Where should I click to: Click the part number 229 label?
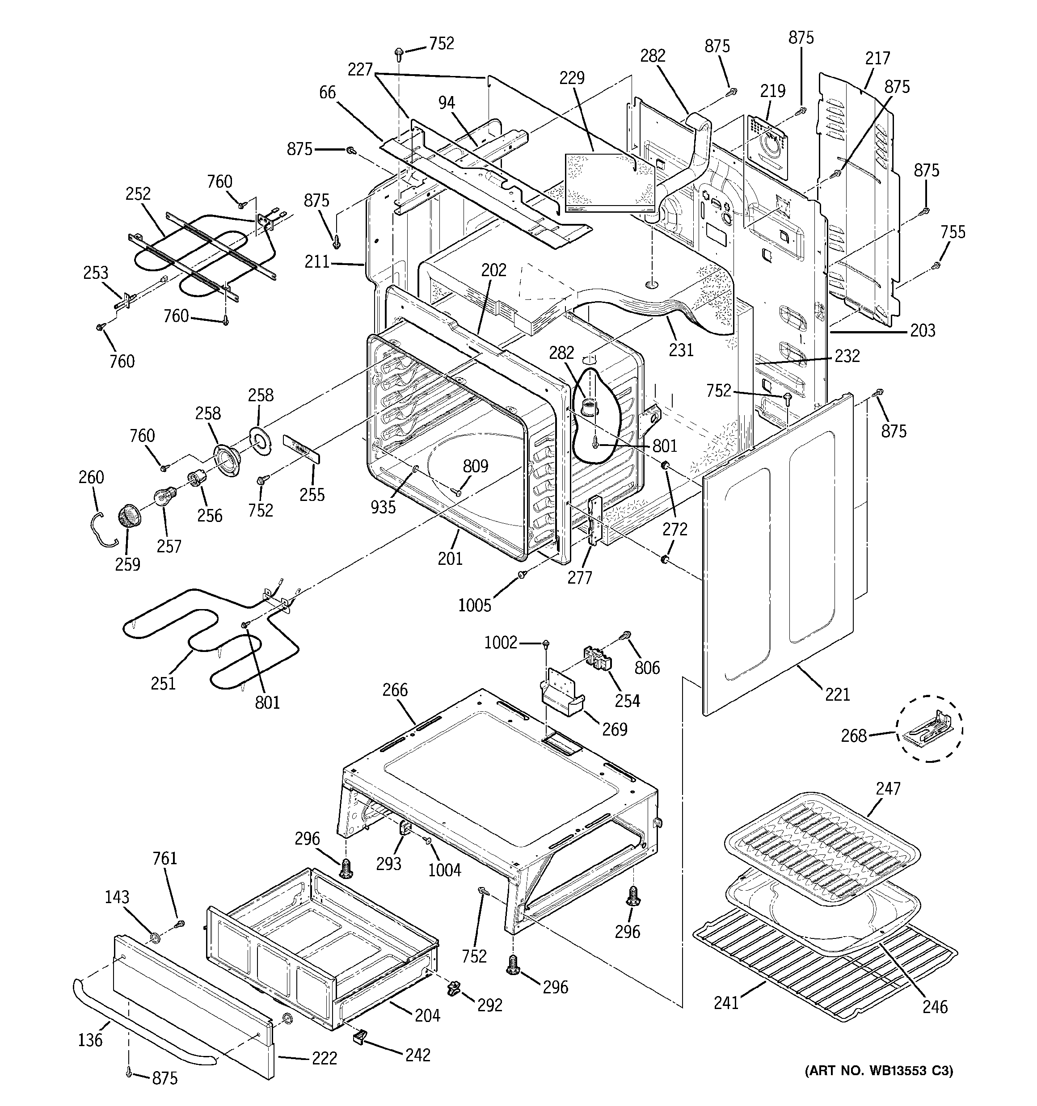coord(572,78)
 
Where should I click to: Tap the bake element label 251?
coord(163,683)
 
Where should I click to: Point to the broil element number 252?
coord(138,193)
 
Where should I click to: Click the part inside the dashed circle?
coord(928,729)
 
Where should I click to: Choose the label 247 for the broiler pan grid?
coord(888,788)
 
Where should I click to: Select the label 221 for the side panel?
coord(837,694)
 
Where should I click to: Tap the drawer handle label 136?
coord(90,1039)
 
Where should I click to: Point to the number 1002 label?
coord(501,643)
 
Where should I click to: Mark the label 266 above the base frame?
coord(395,690)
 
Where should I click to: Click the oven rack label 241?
coord(726,1002)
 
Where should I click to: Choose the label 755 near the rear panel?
coord(953,232)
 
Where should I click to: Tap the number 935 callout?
coord(383,506)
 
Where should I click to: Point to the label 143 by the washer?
coord(117,897)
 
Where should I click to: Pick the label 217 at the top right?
coord(877,58)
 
